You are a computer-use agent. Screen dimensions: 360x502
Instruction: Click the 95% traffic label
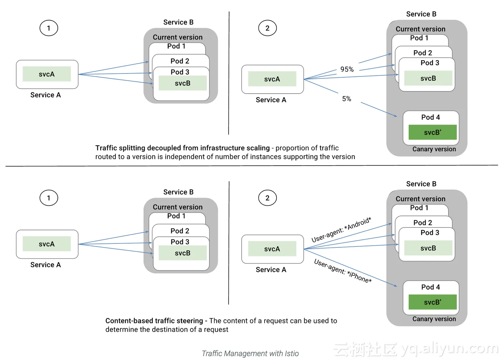coord(347,69)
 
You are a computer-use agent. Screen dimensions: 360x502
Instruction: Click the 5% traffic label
coord(346,99)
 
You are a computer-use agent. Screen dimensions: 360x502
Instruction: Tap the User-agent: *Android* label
coord(341,230)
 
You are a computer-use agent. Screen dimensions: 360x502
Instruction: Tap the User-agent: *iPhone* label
coord(343,271)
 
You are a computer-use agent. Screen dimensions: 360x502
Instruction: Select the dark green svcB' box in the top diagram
coord(432,132)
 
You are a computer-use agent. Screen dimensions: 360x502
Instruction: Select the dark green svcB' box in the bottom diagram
coord(432,302)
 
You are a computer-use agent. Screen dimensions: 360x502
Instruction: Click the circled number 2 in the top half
coord(267,28)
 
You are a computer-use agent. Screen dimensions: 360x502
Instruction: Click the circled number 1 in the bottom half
coord(49,198)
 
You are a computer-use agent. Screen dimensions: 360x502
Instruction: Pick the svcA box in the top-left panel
coord(47,74)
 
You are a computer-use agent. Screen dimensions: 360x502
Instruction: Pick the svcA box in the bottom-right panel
coord(272,249)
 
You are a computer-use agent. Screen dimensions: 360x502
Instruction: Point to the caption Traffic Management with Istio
coord(250,354)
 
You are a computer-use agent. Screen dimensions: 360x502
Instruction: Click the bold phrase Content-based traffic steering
coord(154,321)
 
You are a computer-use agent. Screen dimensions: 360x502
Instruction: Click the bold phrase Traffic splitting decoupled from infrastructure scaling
coord(183,148)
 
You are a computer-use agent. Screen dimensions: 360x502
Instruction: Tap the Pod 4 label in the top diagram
coord(430,117)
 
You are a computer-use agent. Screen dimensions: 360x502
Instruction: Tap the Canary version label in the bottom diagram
coord(434,319)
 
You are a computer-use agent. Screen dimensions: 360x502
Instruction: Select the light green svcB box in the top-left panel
coord(183,83)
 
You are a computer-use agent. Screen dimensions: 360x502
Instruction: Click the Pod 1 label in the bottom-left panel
coord(176,216)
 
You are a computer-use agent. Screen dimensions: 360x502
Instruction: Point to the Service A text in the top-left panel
coord(46,95)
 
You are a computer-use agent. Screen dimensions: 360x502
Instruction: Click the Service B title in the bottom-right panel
coord(421,184)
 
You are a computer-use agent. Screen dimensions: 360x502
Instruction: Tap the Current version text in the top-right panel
coord(420,29)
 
